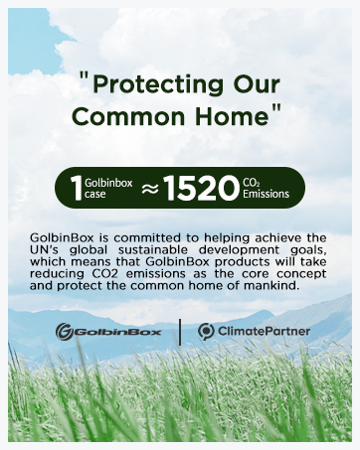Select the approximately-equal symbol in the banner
[x=149, y=188]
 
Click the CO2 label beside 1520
[x=251, y=181]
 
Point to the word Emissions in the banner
[x=267, y=194]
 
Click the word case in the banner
[x=95, y=194]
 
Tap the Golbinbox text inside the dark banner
[x=107, y=182]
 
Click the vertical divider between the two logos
[x=179, y=332]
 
